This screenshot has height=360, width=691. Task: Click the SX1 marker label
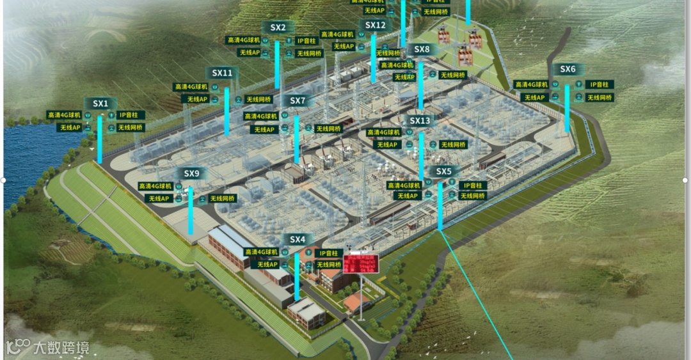coord(100,103)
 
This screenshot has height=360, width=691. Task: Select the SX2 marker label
coord(278,27)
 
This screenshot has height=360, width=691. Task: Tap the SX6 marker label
coord(568,69)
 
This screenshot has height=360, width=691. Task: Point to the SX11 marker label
coord(222,73)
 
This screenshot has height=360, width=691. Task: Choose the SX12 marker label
coord(376,25)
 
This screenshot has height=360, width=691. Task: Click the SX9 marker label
coord(191,173)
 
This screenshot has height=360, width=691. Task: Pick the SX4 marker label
coord(298,239)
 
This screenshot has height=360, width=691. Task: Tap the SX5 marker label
coord(443,171)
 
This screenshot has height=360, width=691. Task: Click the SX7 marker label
coord(298,100)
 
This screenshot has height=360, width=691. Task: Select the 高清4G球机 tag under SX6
coord(531,84)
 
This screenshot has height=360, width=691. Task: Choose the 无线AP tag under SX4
coord(267,264)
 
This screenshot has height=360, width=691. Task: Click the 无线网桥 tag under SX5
coord(472,196)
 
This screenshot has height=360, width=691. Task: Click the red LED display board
coord(360,263)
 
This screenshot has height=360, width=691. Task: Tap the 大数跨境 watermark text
coord(61,348)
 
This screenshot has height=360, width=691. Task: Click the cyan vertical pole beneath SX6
coord(567,109)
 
